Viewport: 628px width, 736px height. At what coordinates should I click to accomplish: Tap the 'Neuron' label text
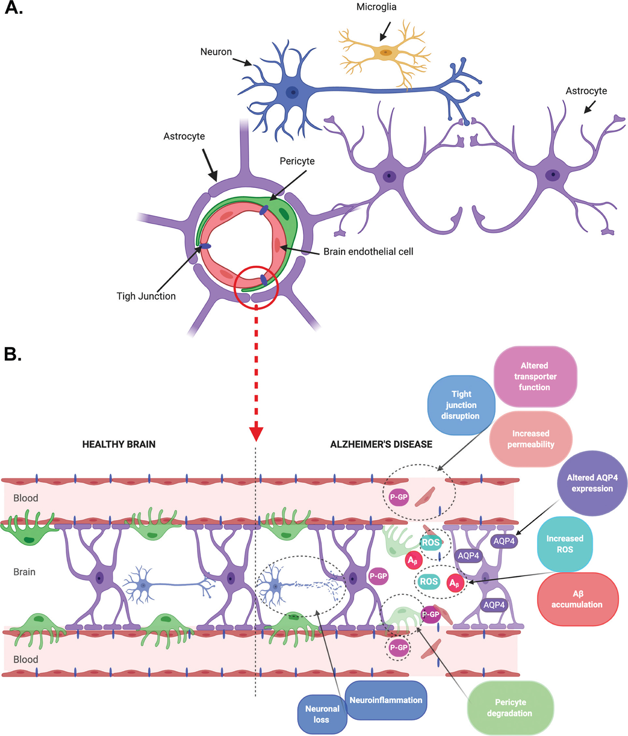(216, 52)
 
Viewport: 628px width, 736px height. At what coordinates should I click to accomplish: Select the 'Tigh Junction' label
(146, 296)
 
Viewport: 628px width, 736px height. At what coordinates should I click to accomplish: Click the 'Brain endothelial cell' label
(368, 252)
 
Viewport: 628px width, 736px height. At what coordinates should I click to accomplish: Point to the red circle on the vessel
(256, 287)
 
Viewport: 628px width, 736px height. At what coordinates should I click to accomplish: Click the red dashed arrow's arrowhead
(256, 433)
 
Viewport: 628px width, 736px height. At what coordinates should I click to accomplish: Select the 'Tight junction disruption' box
(461, 405)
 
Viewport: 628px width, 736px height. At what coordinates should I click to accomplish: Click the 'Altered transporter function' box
(535, 376)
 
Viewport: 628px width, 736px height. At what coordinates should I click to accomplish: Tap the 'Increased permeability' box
(531, 439)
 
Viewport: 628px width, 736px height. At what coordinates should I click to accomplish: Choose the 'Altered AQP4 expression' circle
(592, 483)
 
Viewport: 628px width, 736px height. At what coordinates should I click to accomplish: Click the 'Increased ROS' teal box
(565, 544)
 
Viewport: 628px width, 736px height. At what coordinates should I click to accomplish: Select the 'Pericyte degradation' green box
(510, 707)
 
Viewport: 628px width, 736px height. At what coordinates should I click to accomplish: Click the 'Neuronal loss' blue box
(322, 714)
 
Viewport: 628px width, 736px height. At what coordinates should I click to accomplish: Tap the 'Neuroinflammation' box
(386, 700)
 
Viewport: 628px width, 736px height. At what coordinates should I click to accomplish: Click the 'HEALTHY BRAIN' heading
(119, 444)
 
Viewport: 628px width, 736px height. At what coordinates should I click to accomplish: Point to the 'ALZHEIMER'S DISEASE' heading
(381, 444)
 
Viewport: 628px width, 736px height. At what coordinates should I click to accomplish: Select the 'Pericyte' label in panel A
(297, 161)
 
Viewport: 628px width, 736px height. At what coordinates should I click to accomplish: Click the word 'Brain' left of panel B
(24, 572)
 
